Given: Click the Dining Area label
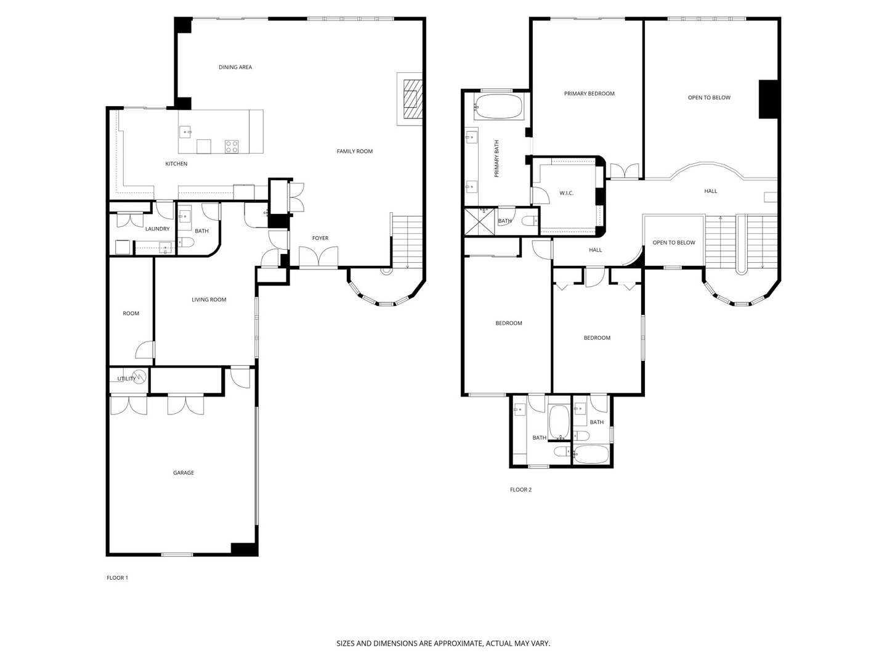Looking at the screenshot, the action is coord(235,67).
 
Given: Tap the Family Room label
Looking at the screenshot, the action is coord(354,151).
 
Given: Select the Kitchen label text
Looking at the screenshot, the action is coord(176,164).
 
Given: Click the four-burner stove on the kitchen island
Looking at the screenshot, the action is coord(232,146).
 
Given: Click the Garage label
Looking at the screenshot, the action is coord(184,473).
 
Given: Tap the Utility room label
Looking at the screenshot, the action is coord(126,379).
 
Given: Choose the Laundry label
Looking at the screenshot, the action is coord(157,229).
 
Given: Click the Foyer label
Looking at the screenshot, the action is coord(320,238).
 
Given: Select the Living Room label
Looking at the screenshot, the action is coord(209,300).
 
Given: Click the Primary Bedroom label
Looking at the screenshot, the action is coord(589,93).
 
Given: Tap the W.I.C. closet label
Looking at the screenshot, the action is coord(566,193).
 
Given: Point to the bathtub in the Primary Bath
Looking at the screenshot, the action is coord(498,107).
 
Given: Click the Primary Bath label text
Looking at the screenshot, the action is coord(496,158).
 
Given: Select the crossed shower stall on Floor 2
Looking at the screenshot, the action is coord(479,221).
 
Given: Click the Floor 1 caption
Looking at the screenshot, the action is coord(117,578).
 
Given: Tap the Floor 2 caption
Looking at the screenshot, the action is coord(520,490).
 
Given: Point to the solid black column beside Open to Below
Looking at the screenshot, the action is coord(768,99).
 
